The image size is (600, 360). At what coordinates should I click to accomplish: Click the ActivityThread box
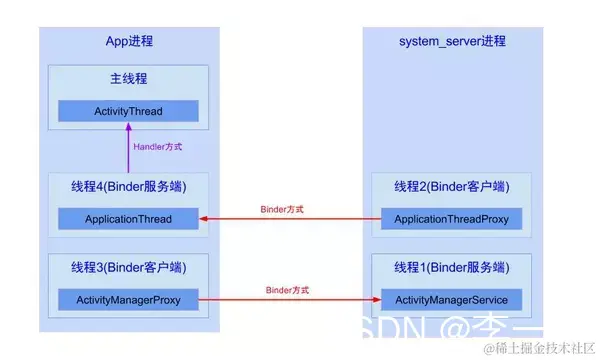(128, 110)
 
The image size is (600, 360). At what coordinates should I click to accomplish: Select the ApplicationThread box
(128, 219)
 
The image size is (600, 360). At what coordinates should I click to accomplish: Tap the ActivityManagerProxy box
(128, 298)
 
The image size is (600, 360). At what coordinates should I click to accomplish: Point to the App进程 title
(129, 41)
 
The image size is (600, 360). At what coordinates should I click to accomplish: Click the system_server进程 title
(452, 41)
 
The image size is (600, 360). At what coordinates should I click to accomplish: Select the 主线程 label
(129, 79)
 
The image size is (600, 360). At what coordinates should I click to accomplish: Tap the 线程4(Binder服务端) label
(128, 187)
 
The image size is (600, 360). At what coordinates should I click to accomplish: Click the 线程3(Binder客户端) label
(128, 267)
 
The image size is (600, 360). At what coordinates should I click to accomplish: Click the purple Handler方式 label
(159, 146)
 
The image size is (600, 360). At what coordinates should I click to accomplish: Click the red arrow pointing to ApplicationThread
(290, 219)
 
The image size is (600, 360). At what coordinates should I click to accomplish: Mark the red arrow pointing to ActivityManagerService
(290, 299)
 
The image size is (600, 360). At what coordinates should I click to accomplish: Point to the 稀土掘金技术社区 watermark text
(540, 348)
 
